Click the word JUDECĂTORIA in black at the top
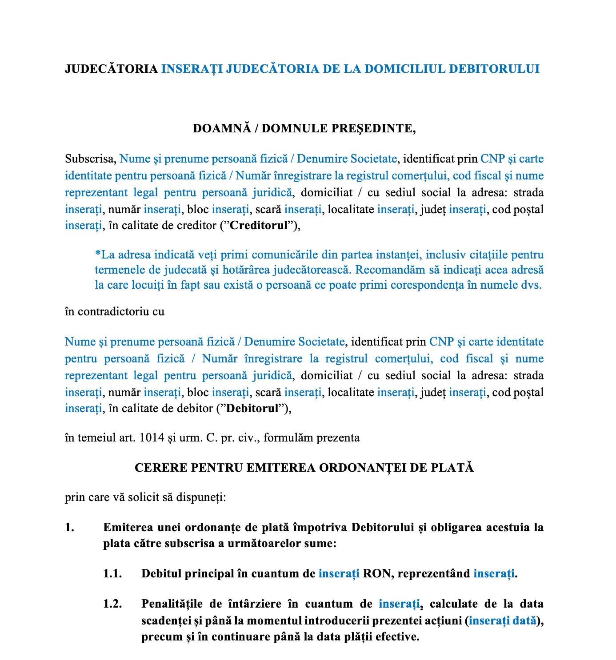pyautogui.click(x=111, y=69)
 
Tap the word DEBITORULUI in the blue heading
pyautogui.click(x=494, y=69)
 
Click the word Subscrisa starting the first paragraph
pyautogui.click(x=90, y=159)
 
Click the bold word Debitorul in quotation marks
pyautogui.click(x=252, y=409)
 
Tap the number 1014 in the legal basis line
pyautogui.click(x=152, y=438)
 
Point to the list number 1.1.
pyautogui.click(x=112, y=574)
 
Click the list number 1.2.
pyautogui.click(x=112, y=604)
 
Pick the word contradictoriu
pyautogui.click(x=113, y=312)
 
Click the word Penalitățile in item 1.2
pyautogui.click(x=172, y=604)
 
